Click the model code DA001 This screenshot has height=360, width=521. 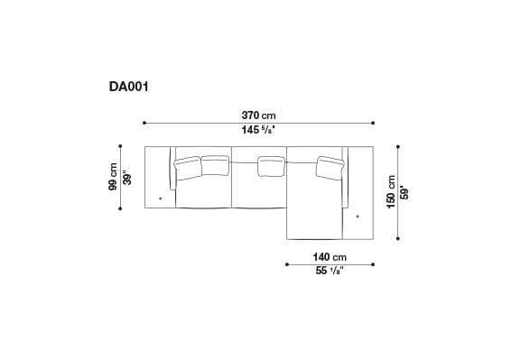point(128,88)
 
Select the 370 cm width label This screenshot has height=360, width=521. point(258,115)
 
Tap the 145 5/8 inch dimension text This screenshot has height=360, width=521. point(258,131)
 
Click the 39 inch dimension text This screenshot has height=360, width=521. point(127,177)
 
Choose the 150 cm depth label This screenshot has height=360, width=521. point(390,192)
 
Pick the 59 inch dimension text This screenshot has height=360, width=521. point(404,192)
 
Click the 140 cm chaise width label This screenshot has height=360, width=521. point(330,256)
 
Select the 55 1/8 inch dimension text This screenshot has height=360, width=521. point(330,272)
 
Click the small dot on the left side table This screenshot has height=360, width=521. point(160,197)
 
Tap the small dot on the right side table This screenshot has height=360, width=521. point(358,216)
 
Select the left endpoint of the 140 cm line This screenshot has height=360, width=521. point(286,264)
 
